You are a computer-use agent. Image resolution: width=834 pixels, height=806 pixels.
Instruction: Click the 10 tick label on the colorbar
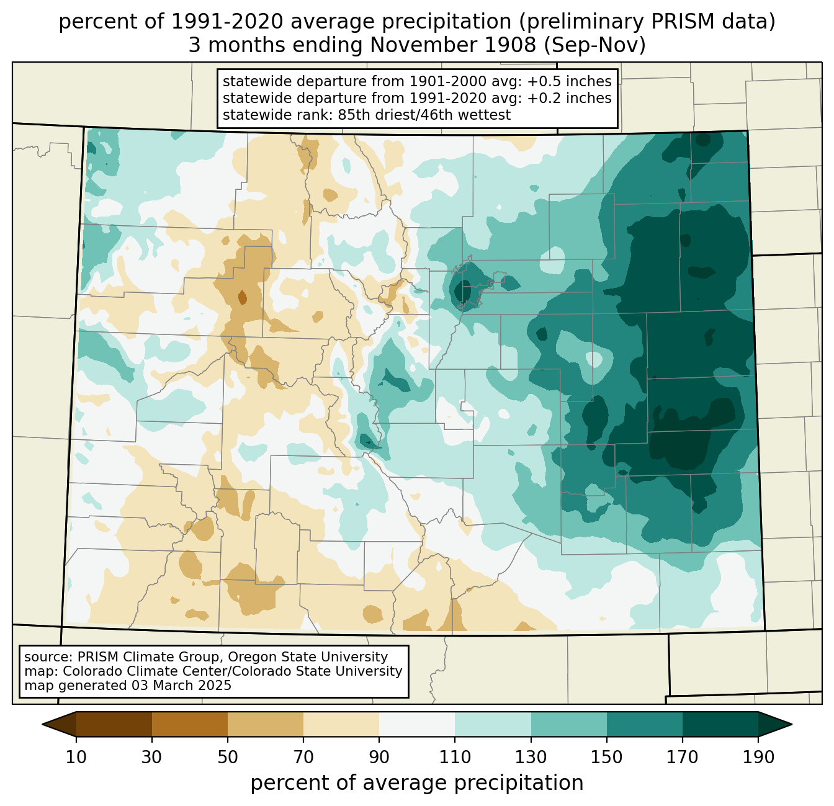click(76, 757)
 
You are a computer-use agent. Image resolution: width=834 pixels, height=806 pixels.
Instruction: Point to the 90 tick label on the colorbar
click(379, 757)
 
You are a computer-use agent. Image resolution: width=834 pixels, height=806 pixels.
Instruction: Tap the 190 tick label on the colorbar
click(758, 757)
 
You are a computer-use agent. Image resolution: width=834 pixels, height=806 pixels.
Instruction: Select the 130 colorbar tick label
click(531, 757)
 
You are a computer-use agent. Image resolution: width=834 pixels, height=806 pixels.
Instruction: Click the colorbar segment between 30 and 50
click(190, 724)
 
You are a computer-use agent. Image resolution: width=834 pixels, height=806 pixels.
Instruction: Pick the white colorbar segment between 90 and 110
click(417, 724)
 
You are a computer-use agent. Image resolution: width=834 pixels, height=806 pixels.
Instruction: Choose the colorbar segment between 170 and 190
click(720, 724)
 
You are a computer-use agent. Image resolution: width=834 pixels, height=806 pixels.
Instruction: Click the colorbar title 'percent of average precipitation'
click(417, 783)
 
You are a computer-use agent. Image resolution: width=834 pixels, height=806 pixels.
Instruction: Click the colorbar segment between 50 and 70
click(266, 724)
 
